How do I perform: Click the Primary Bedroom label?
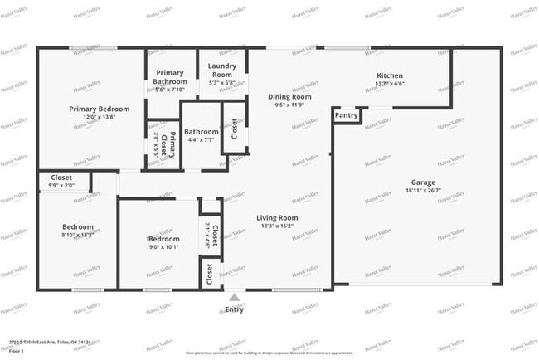99,109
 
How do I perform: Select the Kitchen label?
389,74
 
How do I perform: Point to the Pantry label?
347,115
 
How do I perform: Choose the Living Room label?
277,217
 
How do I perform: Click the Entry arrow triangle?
235,297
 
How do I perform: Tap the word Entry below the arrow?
235,309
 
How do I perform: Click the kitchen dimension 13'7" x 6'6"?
389,83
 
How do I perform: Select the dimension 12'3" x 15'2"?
277,226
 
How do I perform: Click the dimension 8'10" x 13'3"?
78,235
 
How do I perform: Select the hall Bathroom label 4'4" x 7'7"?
202,135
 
